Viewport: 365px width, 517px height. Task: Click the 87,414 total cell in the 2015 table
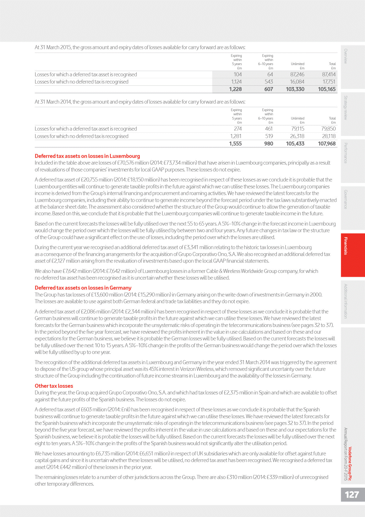click(x=329, y=75)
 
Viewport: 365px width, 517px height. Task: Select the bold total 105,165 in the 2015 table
click(x=327, y=89)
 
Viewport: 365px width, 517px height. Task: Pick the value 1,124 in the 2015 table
click(x=236, y=82)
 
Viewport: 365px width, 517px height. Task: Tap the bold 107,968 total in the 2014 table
click(x=327, y=144)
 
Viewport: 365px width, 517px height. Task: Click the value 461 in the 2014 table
click(x=269, y=129)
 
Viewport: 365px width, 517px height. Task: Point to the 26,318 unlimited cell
click(x=297, y=136)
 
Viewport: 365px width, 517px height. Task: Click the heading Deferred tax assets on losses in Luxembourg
click(x=87, y=156)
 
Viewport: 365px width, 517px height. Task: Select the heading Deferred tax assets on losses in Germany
click(x=83, y=288)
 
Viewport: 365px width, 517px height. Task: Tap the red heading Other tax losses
click(x=54, y=386)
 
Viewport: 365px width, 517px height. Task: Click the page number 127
click(x=352, y=495)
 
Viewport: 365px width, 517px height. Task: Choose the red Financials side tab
click(x=346, y=246)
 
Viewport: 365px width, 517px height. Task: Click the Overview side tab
click(x=346, y=56)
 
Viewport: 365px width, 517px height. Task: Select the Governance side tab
click(x=346, y=199)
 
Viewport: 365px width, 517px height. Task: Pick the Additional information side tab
click(x=346, y=301)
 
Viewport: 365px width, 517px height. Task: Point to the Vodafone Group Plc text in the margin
click(x=350, y=464)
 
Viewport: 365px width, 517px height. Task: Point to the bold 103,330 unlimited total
click(x=295, y=89)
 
